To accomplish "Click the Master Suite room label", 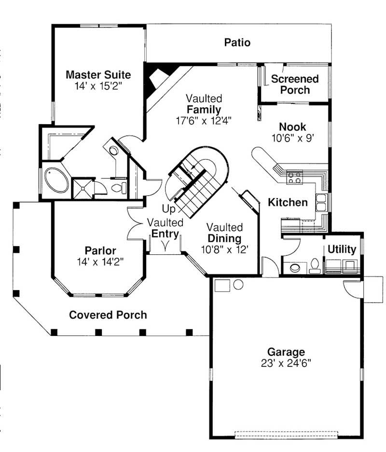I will click(x=98, y=75).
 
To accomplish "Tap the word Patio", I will click(x=237, y=43).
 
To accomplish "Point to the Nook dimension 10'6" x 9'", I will click(x=292, y=138).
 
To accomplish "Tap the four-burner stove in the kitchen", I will click(x=295, y=177).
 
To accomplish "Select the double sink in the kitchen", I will click(x=321, y=202).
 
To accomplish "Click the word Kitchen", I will click(x=288, y=202).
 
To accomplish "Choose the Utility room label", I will click(x=342, y=249).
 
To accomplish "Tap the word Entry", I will click(x=165, y=234).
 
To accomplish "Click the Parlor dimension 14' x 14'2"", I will click(x=100, y=262).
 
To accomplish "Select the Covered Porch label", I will click(x=108, y=315).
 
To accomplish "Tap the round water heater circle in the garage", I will click(x=238, y=284).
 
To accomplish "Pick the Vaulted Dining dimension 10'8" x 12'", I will click(x=224, y=250).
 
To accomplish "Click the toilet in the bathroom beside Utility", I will click(x=315, y=266).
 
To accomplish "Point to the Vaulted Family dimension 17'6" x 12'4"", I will click(x=204, y=120).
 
